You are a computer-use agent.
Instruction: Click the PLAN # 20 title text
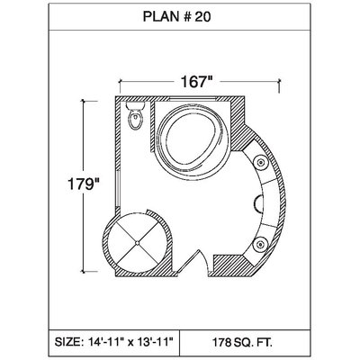176,17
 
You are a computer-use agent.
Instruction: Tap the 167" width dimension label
196,82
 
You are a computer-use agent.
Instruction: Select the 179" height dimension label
83,184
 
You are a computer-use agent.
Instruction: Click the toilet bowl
136,120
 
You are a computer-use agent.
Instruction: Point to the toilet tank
136,105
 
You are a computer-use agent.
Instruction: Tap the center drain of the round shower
137,242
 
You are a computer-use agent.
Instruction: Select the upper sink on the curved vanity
260,162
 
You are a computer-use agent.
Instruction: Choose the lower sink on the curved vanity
259,245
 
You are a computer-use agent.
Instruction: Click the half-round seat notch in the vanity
259,203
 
